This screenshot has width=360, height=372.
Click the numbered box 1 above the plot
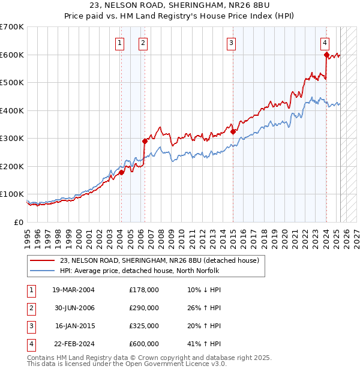[x=120, y=43]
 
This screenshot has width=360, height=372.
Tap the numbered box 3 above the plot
[x=231, y=43]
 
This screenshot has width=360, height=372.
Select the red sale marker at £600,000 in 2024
[x=326, y=55]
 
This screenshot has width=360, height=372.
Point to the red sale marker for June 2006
[x=145, y=141]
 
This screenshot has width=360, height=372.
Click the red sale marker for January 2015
[x=232, y=131]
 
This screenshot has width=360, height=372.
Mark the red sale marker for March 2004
[x=121, y=172]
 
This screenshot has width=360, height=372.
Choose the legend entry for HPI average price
[x=140, y=271]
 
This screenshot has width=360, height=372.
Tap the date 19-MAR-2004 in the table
[x=73, y=290]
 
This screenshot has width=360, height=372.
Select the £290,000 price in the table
[x=144, y=308]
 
